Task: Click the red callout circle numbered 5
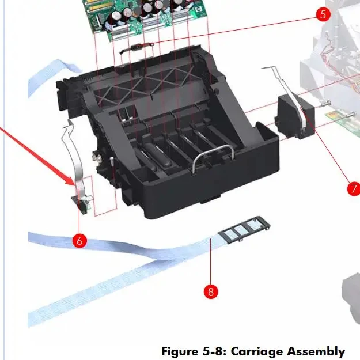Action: pos(323,14)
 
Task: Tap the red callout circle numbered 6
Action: pos(79,240)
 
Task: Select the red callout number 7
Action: pos(353,188)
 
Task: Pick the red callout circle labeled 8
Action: pos(211,291)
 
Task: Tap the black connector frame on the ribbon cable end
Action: pos(241,230)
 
